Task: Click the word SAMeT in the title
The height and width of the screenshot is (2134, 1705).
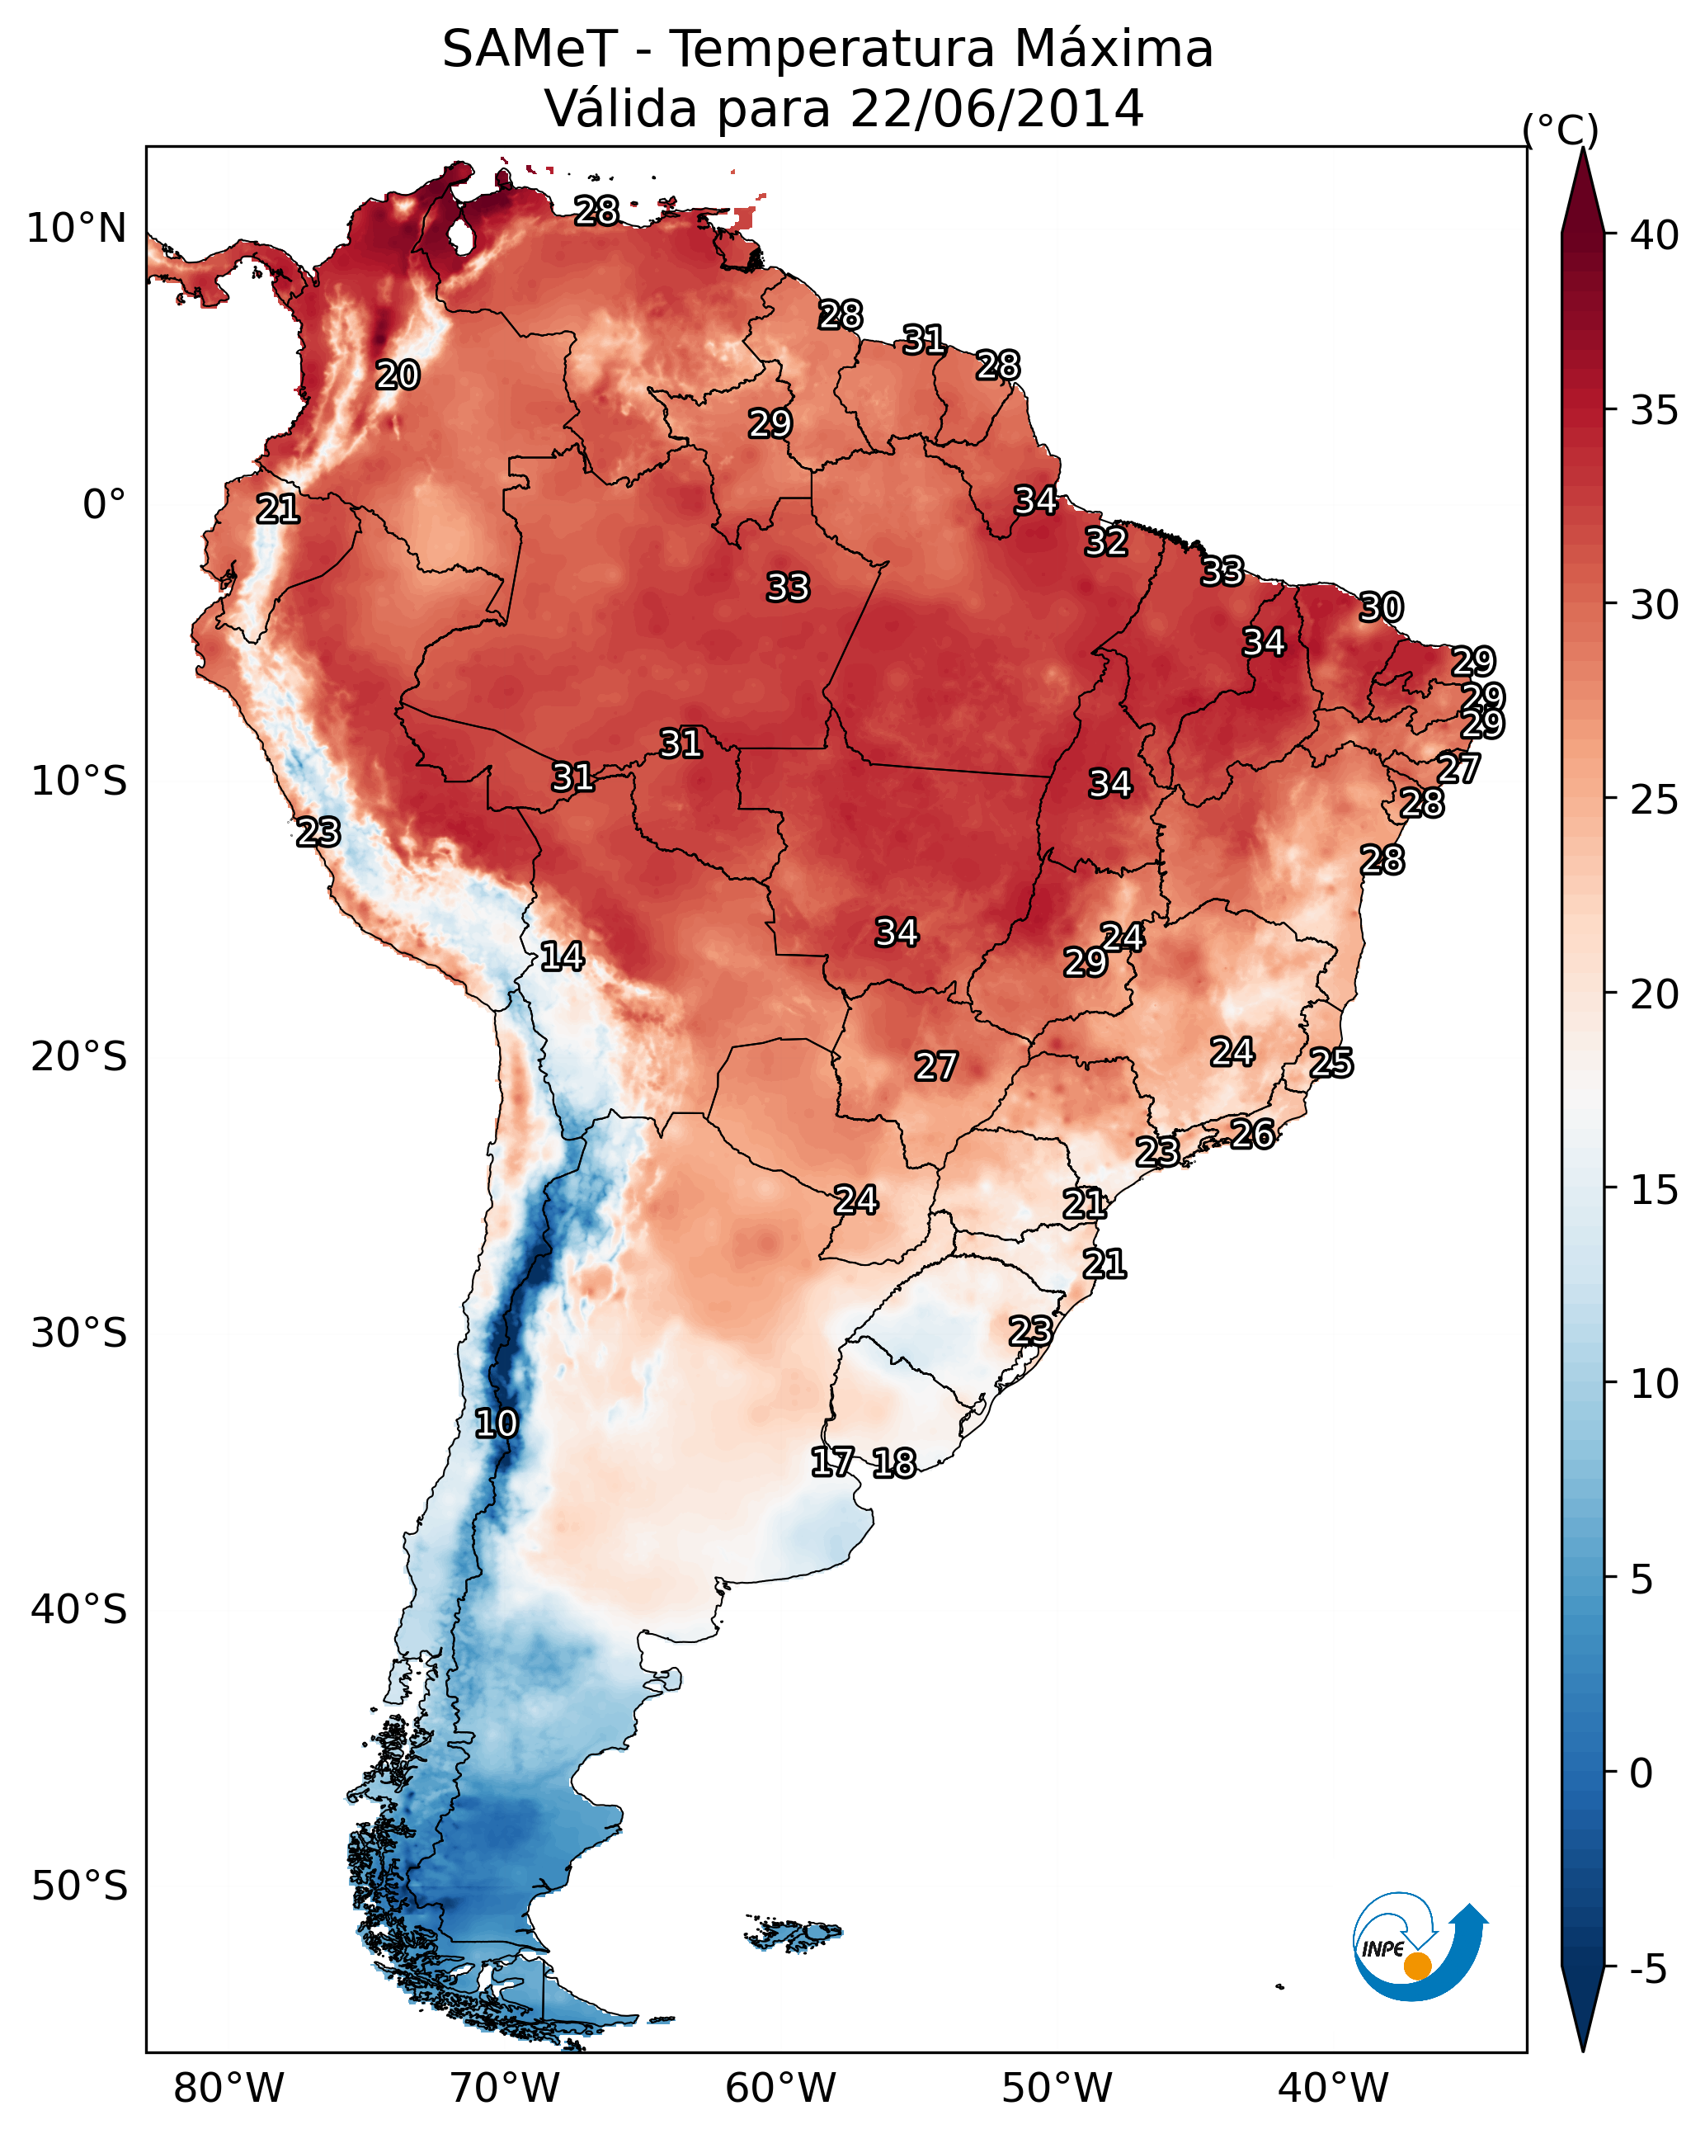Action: coord(530,50)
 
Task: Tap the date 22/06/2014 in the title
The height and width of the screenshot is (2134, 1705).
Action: coord(996,108)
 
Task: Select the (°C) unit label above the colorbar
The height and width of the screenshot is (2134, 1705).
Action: coord(1561,130)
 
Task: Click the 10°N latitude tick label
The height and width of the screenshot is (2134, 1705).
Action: coord(76,229)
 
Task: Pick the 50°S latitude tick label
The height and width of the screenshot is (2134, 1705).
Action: coord(79,1886)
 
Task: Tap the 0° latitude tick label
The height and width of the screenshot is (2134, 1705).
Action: coord(104,505)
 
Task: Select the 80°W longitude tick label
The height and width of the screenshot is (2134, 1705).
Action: coord(228,2088)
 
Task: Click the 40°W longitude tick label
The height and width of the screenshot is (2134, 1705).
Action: coord(1333,2088)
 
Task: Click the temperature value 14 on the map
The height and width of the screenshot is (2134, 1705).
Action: coord(562,956)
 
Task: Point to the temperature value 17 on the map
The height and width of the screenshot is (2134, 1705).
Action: coord(832,1462)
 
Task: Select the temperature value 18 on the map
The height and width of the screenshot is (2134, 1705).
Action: coord(894,1463)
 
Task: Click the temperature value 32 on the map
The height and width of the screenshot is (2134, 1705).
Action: coord(1105,542)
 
